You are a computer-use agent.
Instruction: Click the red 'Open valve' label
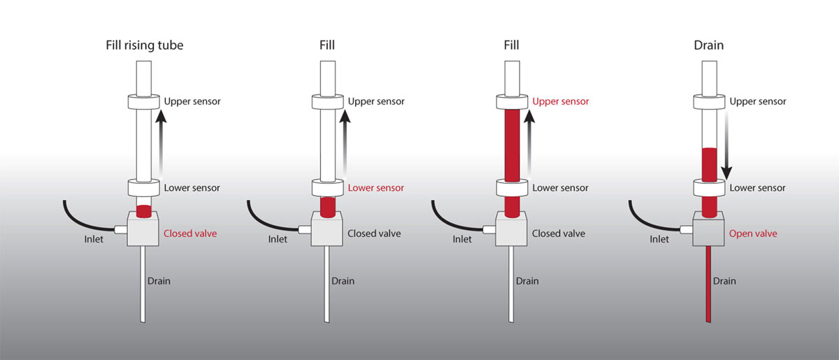tap(753, 233)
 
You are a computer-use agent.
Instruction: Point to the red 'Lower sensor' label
tap(376, 188)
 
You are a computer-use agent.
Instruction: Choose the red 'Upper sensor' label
tap(561, 101)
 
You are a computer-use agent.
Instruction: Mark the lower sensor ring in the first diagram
tap(143, 187)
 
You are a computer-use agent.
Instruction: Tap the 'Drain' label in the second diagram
tap(343, 281)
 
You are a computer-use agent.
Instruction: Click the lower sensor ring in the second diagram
tap(328, 187)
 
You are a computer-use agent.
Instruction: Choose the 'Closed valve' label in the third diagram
tap(559, 233)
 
